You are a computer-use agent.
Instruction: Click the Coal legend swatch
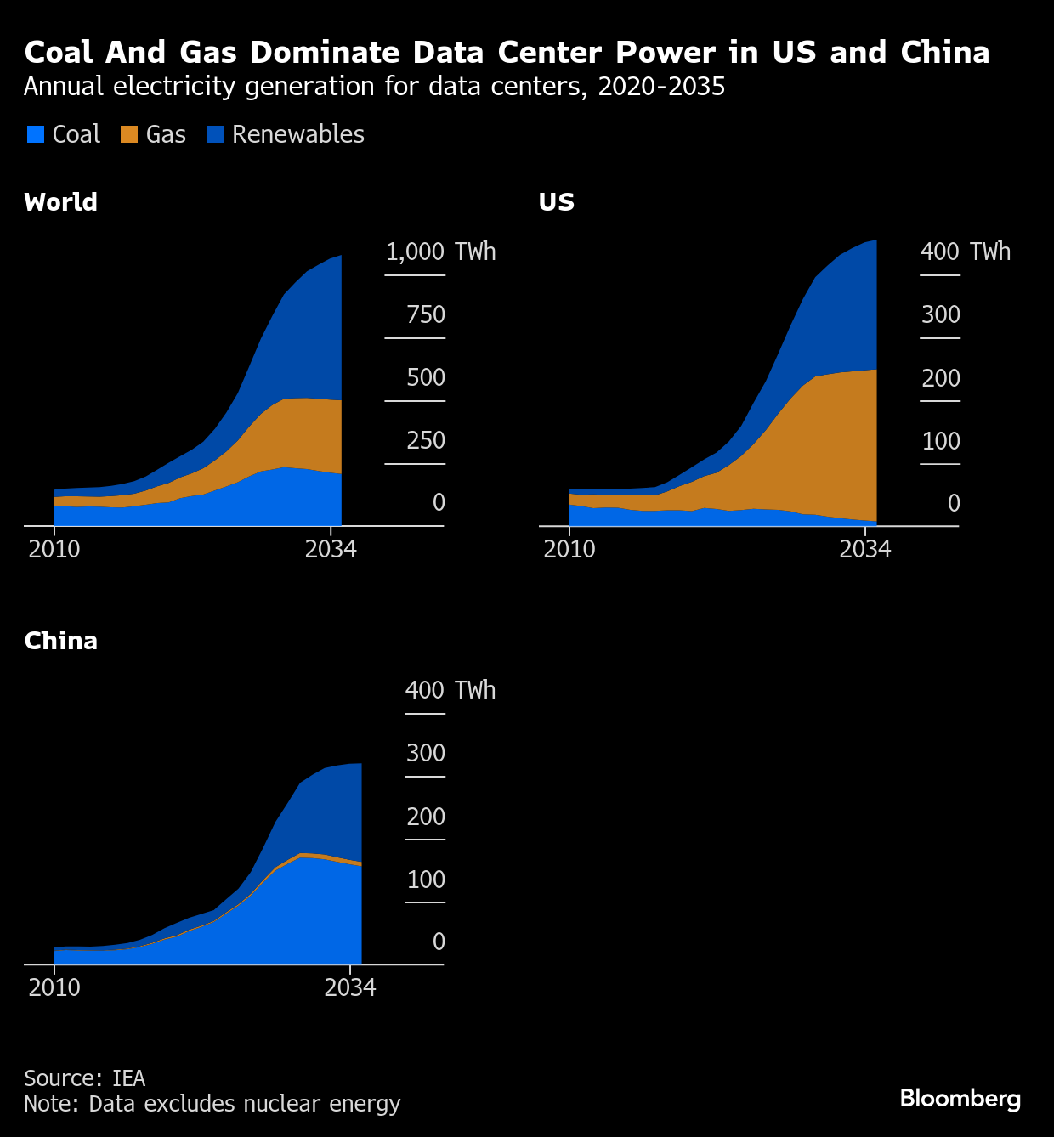(35, 134)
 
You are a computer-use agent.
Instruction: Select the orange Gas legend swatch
(129, 134)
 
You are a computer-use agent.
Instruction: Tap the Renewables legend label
(297, 134)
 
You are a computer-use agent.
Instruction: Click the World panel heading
(60, 202)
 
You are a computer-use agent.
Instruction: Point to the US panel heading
(557, 202)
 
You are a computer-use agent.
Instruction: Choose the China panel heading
(60, 641)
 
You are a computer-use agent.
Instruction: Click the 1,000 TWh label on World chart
(439, 252)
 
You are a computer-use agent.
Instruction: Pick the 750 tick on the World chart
(426, 314)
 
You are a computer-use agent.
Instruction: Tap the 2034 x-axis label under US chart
(864, 549)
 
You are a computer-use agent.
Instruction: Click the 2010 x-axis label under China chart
(54, 987)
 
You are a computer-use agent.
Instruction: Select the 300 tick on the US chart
(940, 314)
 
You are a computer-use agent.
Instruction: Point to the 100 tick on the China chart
(426, 880)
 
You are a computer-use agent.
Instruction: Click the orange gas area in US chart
(816, 450)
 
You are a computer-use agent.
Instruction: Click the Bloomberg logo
(960, 1098)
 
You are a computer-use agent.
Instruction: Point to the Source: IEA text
(84, 1078)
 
